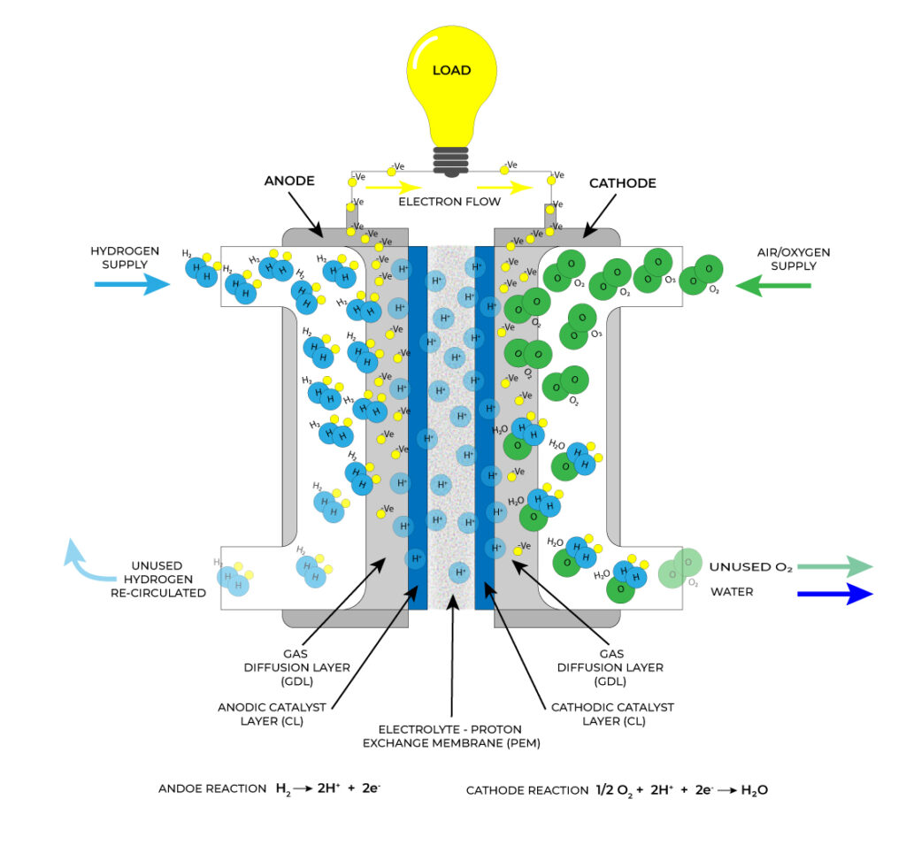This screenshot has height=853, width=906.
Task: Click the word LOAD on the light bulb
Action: pyautogui.click(x=451, y=70)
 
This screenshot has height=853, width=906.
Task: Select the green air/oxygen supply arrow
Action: pyautogui.click(x=773, y=285)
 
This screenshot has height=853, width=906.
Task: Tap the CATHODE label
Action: pyautogui.click(x=623, y=183)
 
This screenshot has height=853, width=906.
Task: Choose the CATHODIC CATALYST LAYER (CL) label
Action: pyautogui.click(x=612, y=714)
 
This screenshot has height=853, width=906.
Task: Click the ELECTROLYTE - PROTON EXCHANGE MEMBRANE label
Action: pyautogui.click(x=451, y=735)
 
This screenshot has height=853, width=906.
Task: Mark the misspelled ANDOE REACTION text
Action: pyautogui.click(x=212, y=788)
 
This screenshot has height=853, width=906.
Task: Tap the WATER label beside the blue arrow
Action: pyautogui.click(x=732, y=591)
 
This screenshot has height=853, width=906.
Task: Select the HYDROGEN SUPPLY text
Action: pyautogui.click(x=125, y=258)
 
